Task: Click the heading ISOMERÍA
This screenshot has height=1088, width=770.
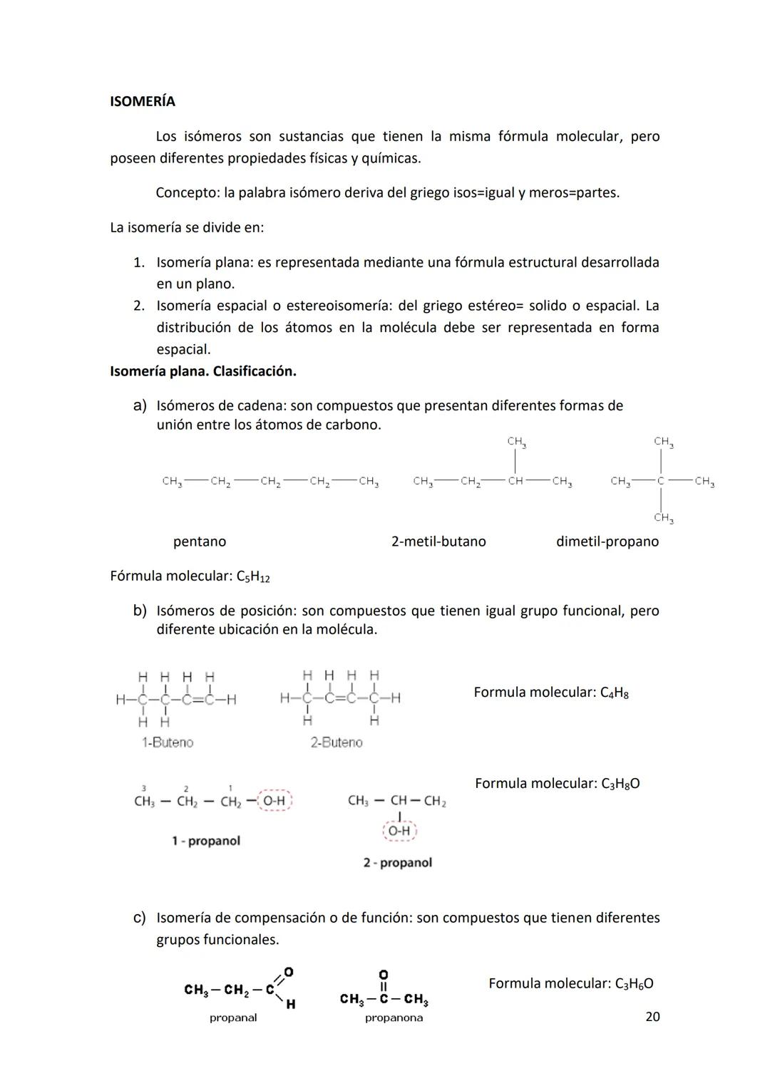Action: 142,101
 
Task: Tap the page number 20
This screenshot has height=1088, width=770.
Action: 652,1016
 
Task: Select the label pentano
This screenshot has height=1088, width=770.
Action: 199,542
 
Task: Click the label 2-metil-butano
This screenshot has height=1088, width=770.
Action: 438,542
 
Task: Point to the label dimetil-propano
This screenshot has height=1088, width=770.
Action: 607,542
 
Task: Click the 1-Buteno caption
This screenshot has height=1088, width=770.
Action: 167,742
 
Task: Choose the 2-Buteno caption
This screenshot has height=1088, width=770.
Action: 336,742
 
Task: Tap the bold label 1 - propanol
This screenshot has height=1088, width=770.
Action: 205,841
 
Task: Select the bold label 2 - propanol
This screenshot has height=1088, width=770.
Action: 397,863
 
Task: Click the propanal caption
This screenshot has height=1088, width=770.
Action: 232,1018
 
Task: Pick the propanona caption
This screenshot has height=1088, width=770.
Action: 394,1018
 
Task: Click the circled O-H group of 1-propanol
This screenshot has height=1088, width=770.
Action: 274,801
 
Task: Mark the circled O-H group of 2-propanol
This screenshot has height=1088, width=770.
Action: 400,831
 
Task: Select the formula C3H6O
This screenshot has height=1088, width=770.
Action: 634,984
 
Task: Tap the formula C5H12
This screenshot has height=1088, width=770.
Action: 252,576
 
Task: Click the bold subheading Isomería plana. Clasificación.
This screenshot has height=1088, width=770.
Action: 202,371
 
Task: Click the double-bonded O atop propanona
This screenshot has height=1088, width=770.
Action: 383,973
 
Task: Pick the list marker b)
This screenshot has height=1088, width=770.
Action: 140,611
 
